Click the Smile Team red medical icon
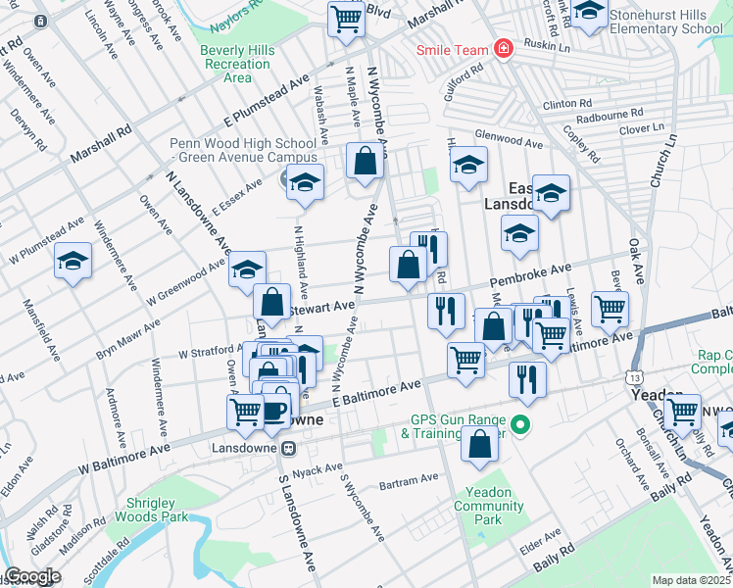pos(503,49)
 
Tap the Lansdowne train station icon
pos(288,448)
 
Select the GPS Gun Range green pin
pos(521,425)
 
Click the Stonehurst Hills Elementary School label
pos(665,23)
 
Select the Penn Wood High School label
pos(243,150)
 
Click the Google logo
pos(32,577)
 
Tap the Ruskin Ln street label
pos(546,45)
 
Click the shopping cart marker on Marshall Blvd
pos(345,19)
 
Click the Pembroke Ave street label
pos(537,275)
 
